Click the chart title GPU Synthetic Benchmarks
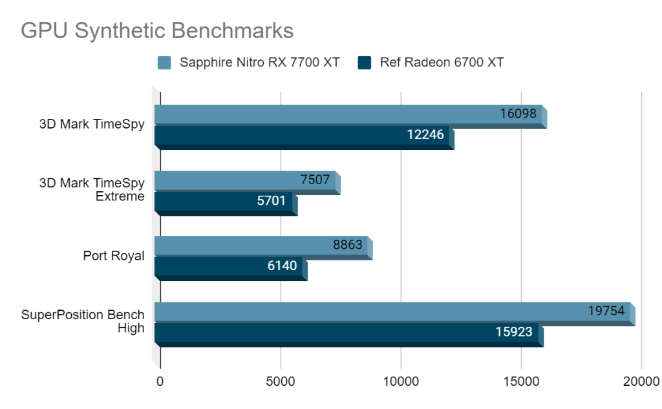point(157,31)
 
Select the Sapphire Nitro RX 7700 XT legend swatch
point(164,63)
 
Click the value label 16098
point(518,114)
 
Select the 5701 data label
point(271,201)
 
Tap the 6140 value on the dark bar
point(281,266)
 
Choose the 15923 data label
point(514,332)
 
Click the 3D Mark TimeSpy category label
point(92,125)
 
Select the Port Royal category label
point(114,256)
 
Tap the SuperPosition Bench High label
point(83,321)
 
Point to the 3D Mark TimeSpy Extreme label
point(92,190)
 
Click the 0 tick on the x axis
point(160,381)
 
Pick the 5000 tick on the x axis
point(281,381)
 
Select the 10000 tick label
point(401,381)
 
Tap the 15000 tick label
point(521,381)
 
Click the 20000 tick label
point(641,381)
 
